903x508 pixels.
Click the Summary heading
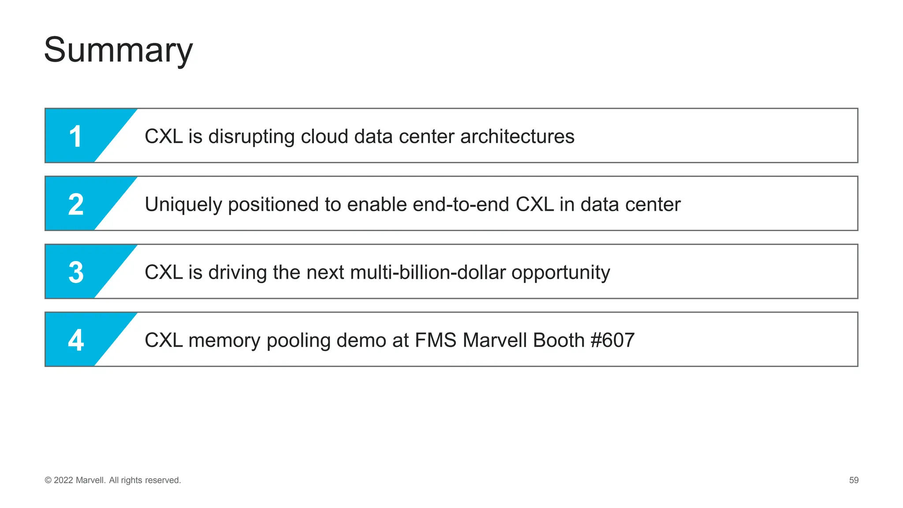pyautogui.click(x=118, y=50)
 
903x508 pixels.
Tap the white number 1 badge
pyautogui.click(x=76, y=136)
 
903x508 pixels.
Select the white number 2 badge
pyautogui.click(x=76, y=204)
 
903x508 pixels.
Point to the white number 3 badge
pyautogui.click(x=76, y=272)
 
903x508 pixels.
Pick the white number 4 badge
pyautogui.click(x=76, y=340)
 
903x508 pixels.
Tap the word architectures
pyautogui.click(x=517, y=137)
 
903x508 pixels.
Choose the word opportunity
pyautogui.click(x=560, y=273)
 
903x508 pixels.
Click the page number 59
pyautogui.click(x=854, y=480)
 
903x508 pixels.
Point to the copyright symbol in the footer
pyautogui.click(x=48, y=480)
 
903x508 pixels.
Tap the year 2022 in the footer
pyautogui.click(x=63, y=480)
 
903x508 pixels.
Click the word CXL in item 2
pyautogui.click(x=534, y=205)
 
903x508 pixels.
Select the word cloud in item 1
pyautogui.click(x=325, y=137)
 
